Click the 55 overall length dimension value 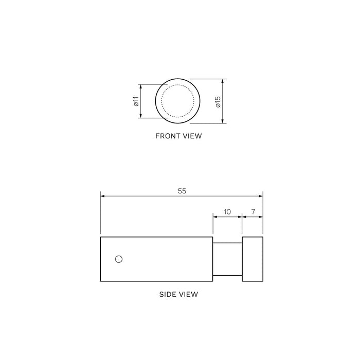182,190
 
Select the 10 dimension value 227,211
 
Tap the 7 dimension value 253,211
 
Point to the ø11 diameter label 136,101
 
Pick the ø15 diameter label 218,101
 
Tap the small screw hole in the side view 119,259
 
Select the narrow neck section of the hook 227,259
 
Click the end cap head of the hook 253,259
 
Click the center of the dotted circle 176,101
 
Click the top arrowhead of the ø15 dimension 223,81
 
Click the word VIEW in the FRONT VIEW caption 191,137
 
